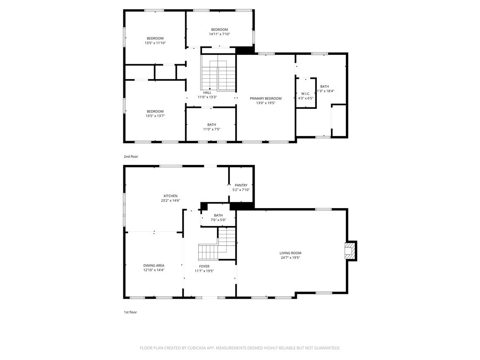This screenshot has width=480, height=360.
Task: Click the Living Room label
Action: tap(290, 253)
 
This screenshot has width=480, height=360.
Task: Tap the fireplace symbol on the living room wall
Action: tap(351, 251)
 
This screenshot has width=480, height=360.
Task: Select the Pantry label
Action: tap(241, 185)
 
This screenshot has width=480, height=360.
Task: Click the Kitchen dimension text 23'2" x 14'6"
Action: tap(171, 201)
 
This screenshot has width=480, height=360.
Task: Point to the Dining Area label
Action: tap(154, 265)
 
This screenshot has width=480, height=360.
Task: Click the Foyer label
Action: tap(204, 266)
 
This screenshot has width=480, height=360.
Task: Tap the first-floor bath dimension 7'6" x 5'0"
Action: tap(218, 220)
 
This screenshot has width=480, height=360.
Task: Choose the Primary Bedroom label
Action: tap(266, 98)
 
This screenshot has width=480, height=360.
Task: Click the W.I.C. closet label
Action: tap(306, 94)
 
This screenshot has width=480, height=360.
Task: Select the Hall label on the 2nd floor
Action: tap(207, 92)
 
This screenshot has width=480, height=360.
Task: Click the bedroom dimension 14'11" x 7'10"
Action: tap(219, 34)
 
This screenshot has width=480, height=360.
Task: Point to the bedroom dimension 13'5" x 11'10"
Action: tap(155, 43)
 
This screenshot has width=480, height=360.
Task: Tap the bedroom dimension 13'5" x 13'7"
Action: tap(155, 116)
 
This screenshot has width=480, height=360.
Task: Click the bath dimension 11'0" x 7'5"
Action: tap(211, 129)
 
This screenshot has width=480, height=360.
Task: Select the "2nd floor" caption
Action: tap(131, 157)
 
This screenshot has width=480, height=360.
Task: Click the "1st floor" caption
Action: tap(130, 312)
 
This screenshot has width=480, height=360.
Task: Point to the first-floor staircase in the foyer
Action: tap(217, 243)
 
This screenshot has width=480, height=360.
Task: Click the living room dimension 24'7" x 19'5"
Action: tap(290, 258)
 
